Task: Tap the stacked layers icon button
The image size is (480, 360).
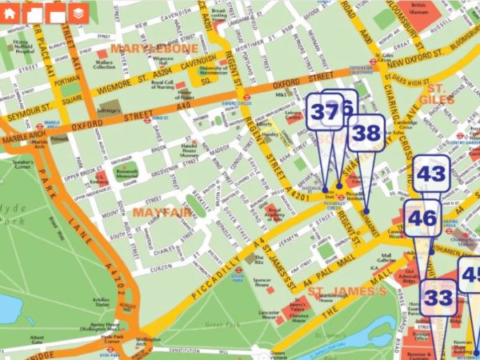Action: [x=77, y=13]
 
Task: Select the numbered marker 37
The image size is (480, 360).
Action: [x=324, y=112]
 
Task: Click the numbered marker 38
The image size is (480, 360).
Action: [x=366, y=133]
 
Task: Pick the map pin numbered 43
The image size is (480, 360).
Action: [x=431, y=174]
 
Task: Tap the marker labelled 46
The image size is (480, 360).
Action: [x=422, y=218]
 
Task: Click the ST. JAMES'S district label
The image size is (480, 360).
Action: [x=347, y=290]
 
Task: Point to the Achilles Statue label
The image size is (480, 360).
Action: [x=102, y=302]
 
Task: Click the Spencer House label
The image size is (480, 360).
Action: [x=262, y=282]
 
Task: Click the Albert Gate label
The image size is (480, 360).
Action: [x=37, y=339]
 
